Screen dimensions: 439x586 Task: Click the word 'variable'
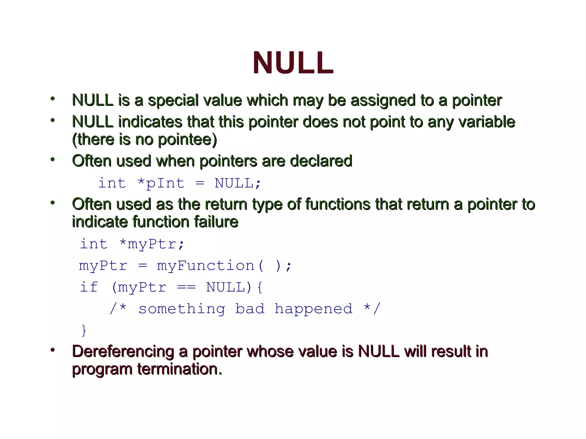point(487,122)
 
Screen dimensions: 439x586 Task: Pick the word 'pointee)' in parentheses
point(187,140)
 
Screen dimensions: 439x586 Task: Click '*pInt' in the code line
point(161,183)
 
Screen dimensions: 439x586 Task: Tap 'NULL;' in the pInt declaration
point(238,183)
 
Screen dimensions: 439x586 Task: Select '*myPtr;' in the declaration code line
point(152,244)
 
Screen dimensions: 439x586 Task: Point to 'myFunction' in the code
point(205,266)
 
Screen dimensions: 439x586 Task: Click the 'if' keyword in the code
point(89,287)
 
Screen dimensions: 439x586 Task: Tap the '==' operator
point(186,287)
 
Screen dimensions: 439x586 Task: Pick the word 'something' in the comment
point(182,309)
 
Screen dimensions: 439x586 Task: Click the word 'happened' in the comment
point(313,309)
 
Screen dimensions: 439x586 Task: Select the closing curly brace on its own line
point(84,330)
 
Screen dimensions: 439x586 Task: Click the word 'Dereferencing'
point(123,352)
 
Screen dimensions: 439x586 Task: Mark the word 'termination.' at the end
point(179,369)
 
